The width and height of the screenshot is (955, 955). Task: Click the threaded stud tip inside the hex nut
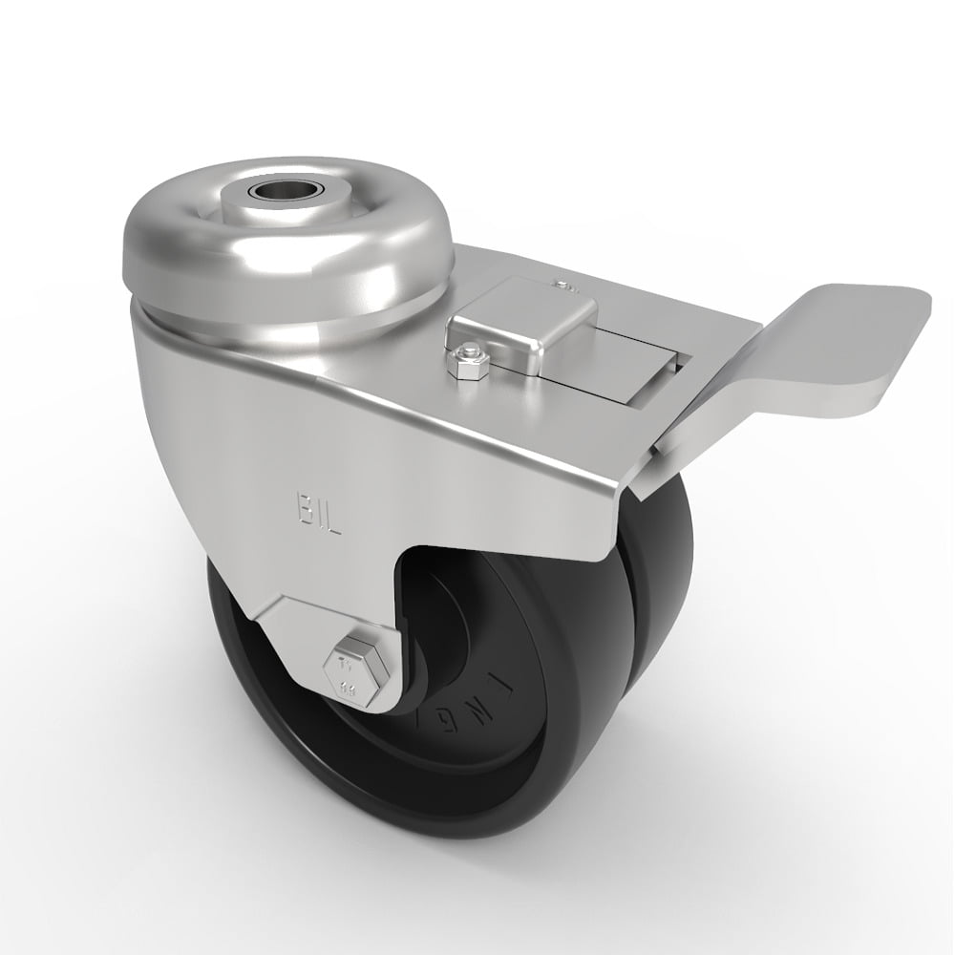click(467, 354)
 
